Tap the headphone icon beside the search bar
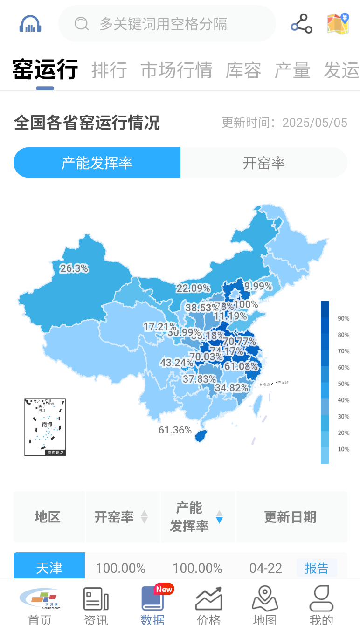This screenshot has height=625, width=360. tap(31, 24)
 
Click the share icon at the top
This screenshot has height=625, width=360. tap(301, 24)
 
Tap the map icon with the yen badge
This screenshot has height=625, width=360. tap(338, 24)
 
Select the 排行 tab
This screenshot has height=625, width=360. tap(109, 70)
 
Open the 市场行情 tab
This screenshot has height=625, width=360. tap(176, 70)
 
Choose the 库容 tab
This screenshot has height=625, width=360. tap(243, 70)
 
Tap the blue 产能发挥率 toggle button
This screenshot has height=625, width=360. tap(97, 163)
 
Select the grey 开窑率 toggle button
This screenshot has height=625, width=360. tap(264, 163)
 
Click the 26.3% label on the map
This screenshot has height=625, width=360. tap(74, 268)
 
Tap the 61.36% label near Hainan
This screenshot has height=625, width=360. tap(175, 430)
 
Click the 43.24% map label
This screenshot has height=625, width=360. tap(177, 363)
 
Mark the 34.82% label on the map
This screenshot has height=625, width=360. tap(231, 388)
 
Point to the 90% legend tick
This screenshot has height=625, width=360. tap(344, 319)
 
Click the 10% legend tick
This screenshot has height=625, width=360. tap(344, 449)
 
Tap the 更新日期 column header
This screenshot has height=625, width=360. tap(290, 517)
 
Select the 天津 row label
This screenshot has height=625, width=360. tap(49, 568)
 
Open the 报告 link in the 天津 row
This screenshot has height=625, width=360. tap(317, 568)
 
